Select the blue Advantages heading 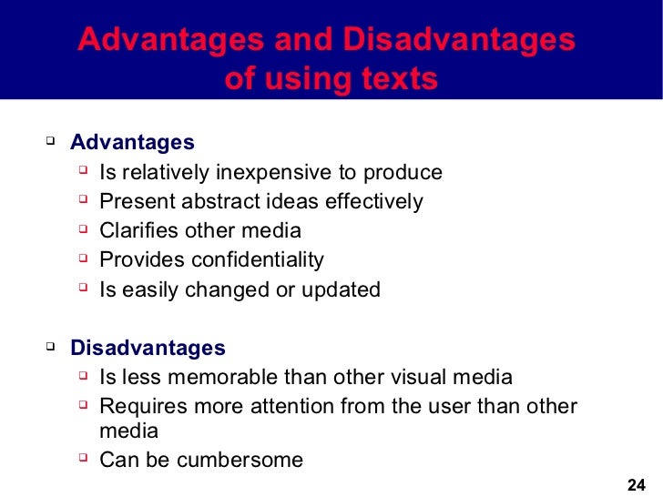(x=132, y=143)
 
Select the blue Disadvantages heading (x=148, y=348)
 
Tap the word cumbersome (x=240, y=460)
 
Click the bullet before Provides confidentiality (x=83, y=259)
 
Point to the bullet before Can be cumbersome (x=83, y=459)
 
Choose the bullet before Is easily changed (x=83, y=289)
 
